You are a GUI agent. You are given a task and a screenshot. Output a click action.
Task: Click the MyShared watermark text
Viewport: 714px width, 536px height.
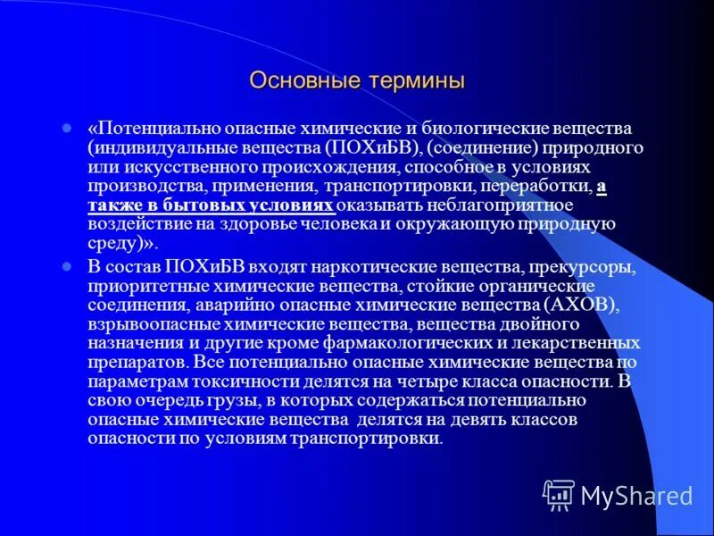636,495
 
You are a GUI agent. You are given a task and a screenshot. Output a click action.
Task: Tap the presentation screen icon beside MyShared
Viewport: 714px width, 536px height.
558,494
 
